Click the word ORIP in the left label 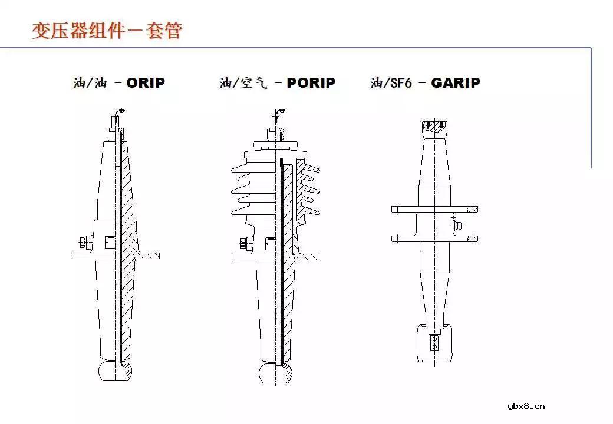(146, 83)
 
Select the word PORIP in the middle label (311, 83)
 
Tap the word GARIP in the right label (455, 83)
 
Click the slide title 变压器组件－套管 (107, 31)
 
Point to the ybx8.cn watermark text (526, 406)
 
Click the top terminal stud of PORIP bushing (276, 122)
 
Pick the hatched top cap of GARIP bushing (435, 127)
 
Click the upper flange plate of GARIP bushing (434, 209)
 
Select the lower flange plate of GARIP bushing (434, 238)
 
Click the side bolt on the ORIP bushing (83, 242)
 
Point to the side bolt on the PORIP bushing (244, 243)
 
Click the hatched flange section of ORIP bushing (147, 254)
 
